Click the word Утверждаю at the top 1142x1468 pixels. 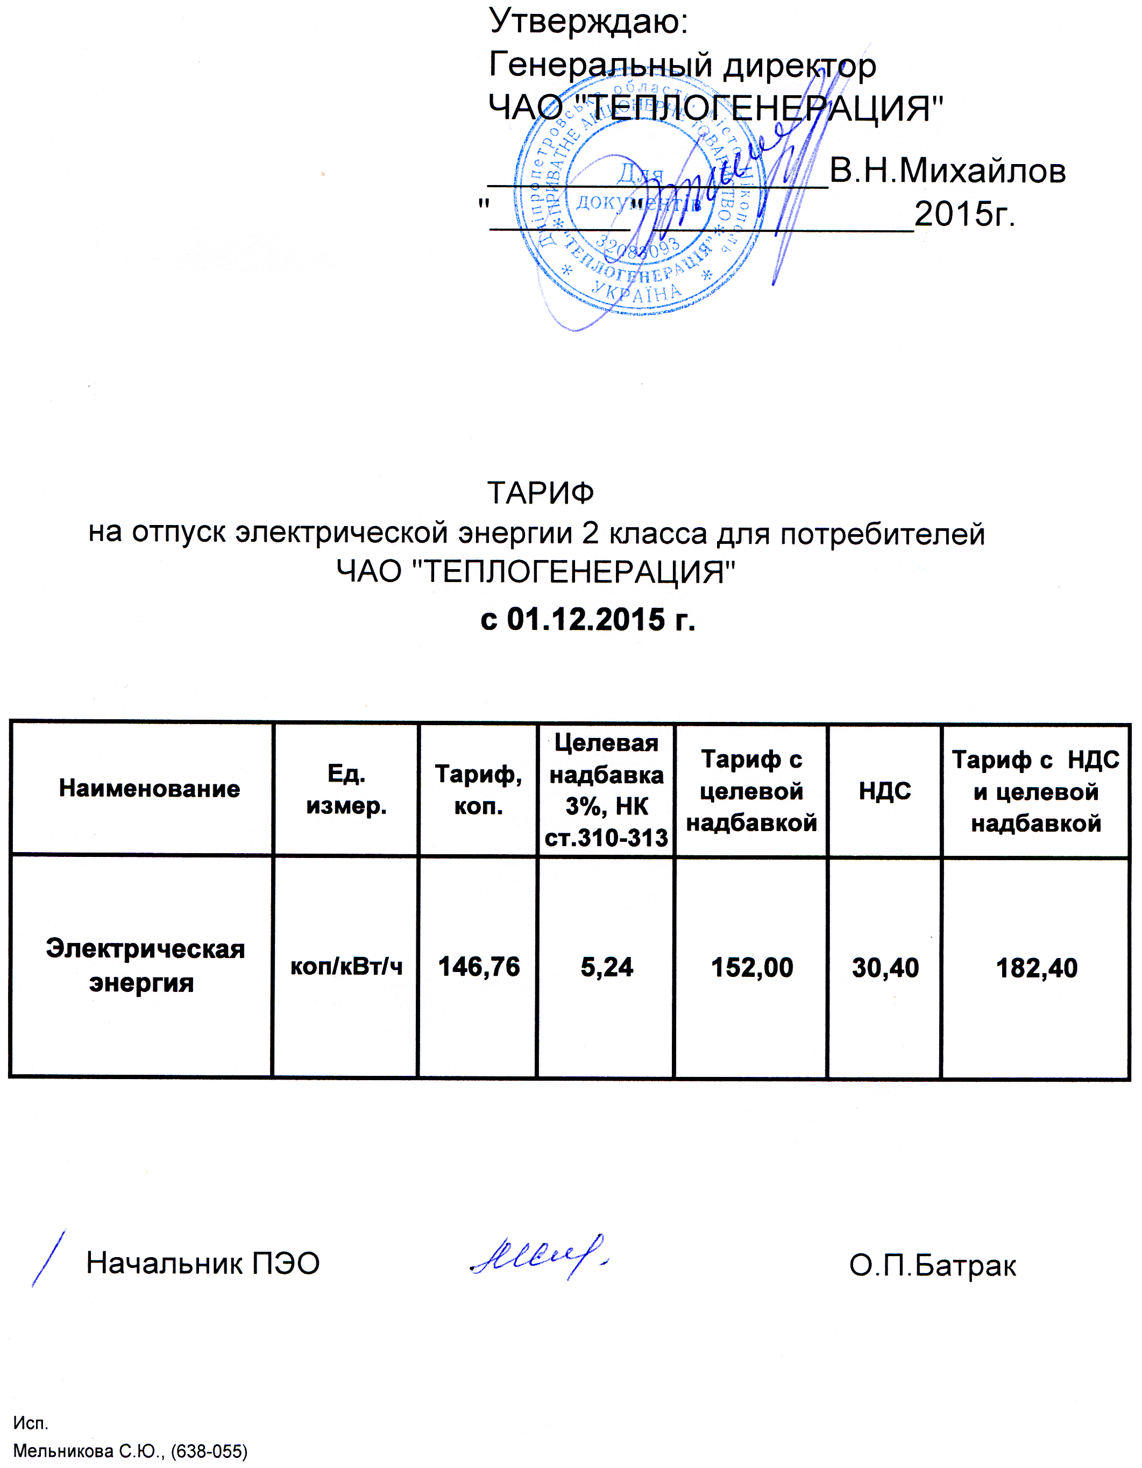[587, 22]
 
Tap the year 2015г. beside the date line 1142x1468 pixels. [964, 215]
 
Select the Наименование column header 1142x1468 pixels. [149, 789]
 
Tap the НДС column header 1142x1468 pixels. [884, 791]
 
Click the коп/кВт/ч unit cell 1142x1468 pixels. [346, 967]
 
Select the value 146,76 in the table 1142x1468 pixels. [479, 967]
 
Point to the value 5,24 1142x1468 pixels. [606, 967]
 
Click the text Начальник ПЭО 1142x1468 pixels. [202, 1264]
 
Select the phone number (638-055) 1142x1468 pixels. [209, 1451]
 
